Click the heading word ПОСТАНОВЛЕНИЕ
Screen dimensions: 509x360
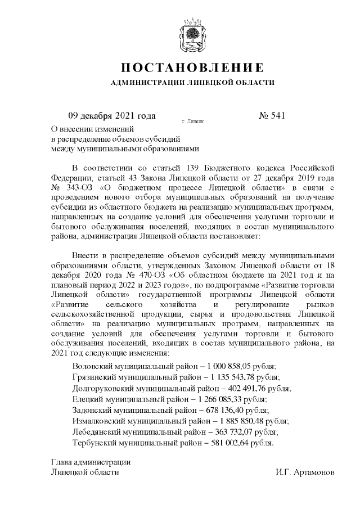[x=192, y=68]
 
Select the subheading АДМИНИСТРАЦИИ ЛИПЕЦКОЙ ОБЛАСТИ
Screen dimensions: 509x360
[x=192, y=83]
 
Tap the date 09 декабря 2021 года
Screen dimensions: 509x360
[x=111, y=116]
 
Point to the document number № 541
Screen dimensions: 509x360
[x=272, y=116]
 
